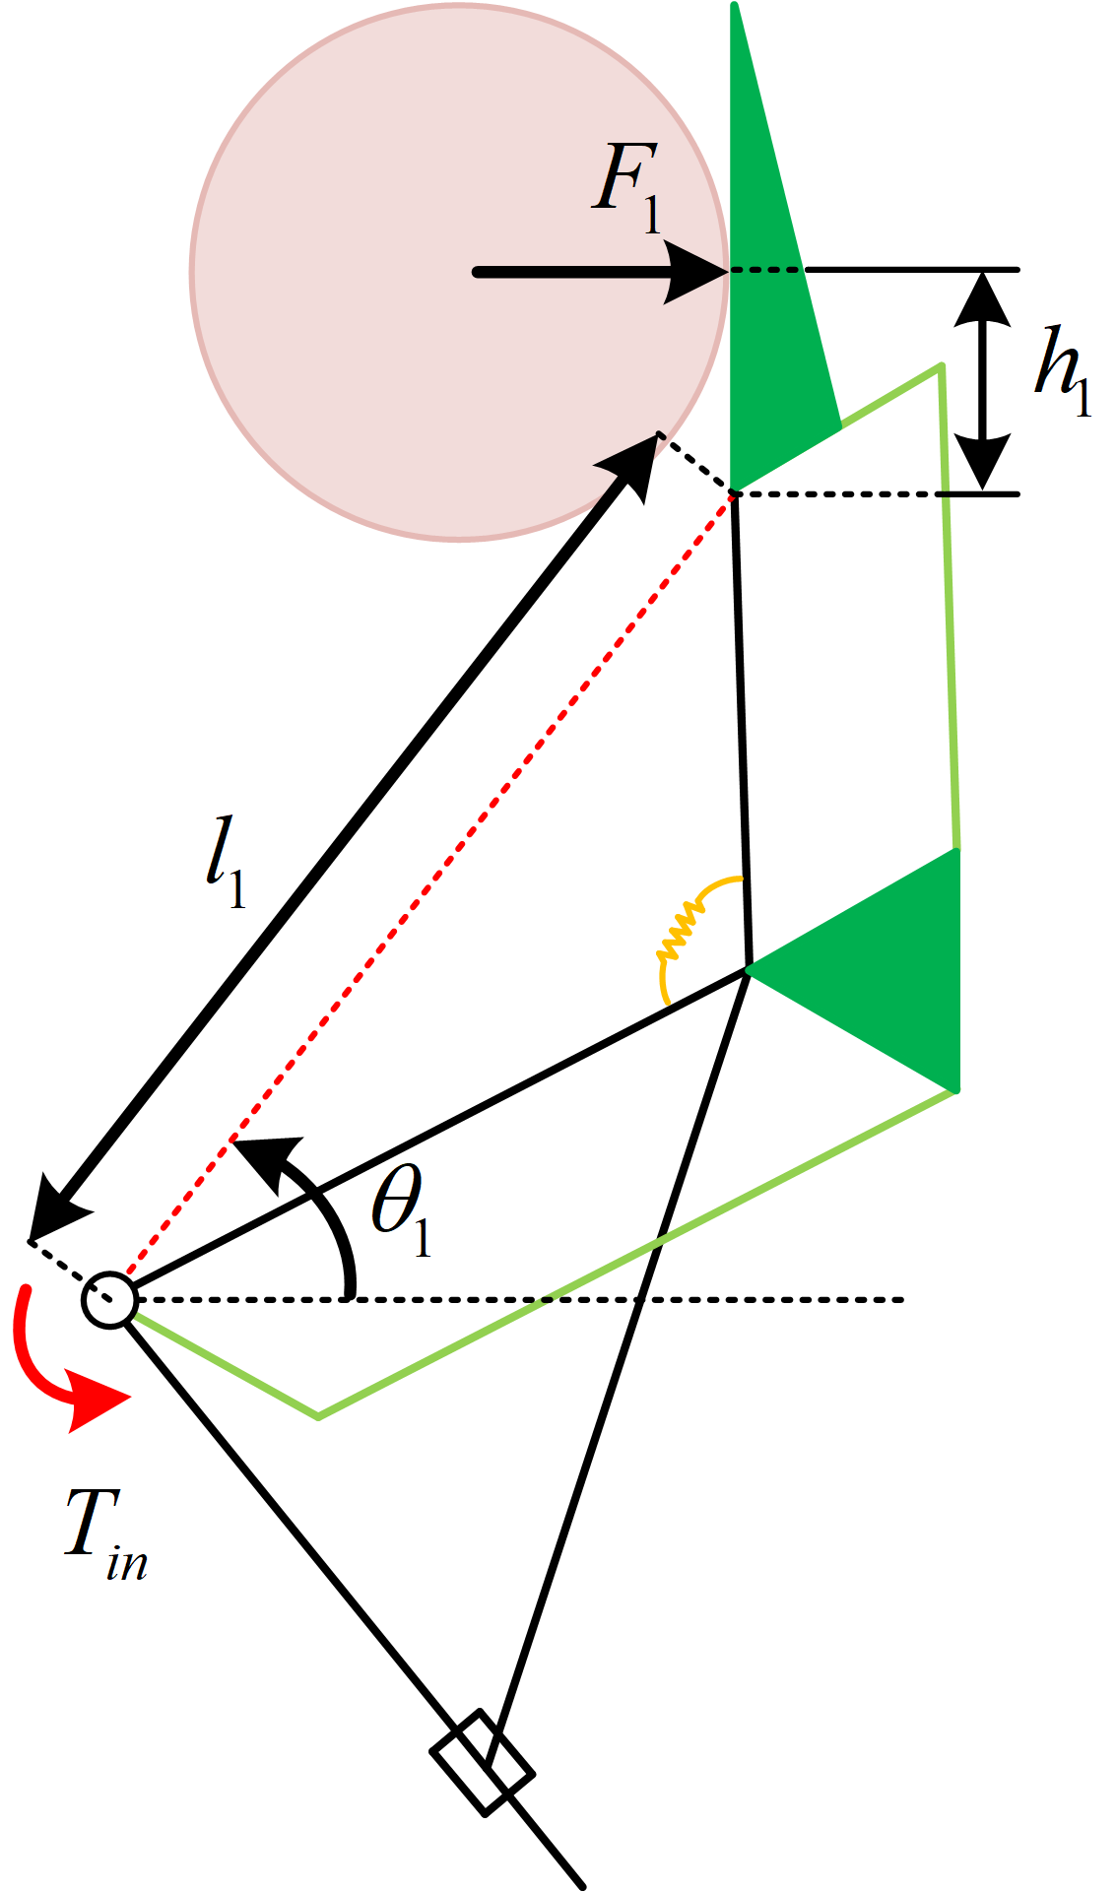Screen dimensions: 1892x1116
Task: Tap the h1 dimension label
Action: coord(1063,370)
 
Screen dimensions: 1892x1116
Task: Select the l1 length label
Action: coord(226,861)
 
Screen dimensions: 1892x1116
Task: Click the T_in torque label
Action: coord(104,1528)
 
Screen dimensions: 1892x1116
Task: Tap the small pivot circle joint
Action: coord(108,1300)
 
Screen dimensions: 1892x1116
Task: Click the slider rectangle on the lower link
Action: coord(483,1762)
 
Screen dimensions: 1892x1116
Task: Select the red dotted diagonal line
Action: coord(433,886)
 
